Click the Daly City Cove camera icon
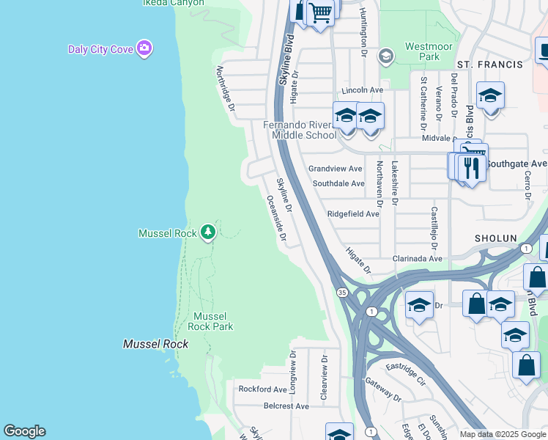tap(145, 48)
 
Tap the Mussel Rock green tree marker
tap(208, 232)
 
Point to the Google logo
tap(24, 431)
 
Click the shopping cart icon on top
tap(320, 12)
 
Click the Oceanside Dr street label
tap(276, 219)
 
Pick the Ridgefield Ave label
tap(353, 214)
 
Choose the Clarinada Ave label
tap(418, 259)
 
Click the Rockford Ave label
tap(262, 389)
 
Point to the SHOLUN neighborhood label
tap(496, 239)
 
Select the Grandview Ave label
tap(335, 169)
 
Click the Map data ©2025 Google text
tap(502, 434)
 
